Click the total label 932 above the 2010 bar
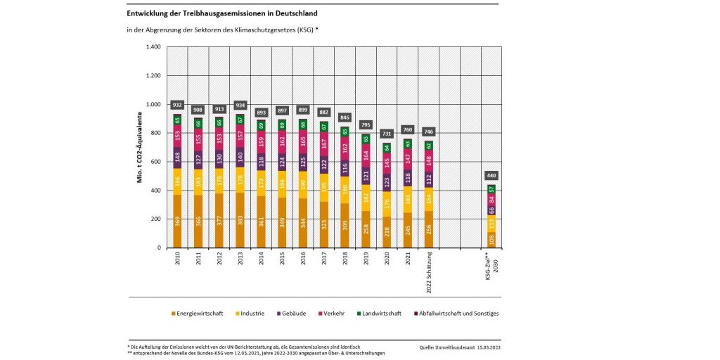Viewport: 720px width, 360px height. click(177, 104)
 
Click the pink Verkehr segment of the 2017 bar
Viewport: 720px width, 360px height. click(324, 145)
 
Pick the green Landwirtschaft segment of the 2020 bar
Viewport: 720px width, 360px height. click(386, 148)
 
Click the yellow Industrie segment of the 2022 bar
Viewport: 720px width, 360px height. click(428, 199)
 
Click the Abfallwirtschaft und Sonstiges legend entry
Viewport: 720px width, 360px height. click(456, 314)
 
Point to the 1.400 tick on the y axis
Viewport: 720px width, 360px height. click(153, 47)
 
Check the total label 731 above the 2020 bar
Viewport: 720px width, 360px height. click(386, 134)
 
